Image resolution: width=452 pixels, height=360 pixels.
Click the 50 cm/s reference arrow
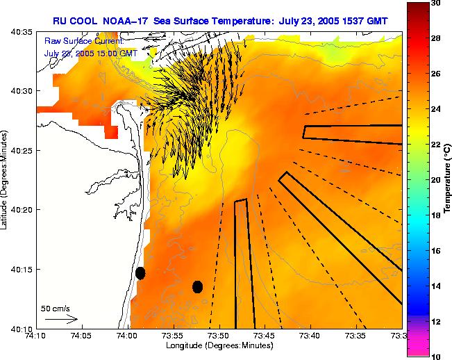click(61, 320)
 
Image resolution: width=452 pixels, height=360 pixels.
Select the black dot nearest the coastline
click(140, 273)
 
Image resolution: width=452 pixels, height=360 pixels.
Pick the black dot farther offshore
click(197, 286)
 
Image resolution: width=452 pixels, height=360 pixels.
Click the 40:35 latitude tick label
click(22, 32)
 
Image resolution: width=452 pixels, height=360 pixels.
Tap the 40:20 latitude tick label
click(22, 210)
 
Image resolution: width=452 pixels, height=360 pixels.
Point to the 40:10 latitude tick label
click(22, 329)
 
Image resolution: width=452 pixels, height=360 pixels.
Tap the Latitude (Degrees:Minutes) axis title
click(6, 180)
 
